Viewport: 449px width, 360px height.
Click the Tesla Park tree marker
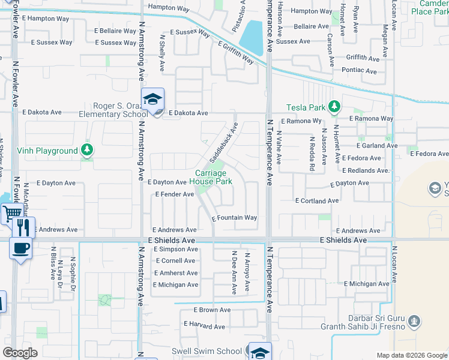click(x=335, y=107)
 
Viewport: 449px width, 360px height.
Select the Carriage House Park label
click(x=211, y=177)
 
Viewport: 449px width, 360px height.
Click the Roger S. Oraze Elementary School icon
click(x=153, y=100)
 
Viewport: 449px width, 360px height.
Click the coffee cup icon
click(x=20, y=247)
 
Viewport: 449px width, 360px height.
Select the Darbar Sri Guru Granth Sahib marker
click(x=414, y=322)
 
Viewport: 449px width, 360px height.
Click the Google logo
click(x=20, y=353)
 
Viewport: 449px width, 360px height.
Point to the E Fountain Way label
click(x=235, y=218)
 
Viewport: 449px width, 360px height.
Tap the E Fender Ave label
click(x=175, y=194)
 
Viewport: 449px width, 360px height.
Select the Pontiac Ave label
click(x=360, y=70)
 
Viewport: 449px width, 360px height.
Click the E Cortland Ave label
click(x=317, y=200)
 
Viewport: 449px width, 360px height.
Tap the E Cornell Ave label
click(x=175, y=261)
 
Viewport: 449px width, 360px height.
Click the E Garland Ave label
click(x=377, y=145)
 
